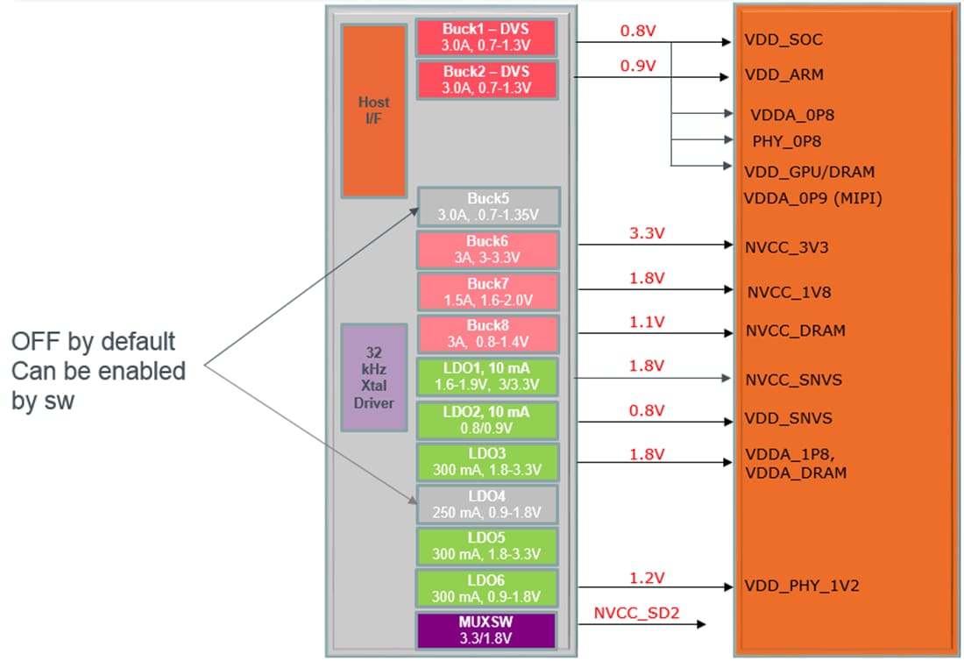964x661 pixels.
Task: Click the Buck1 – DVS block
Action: coord(486,37)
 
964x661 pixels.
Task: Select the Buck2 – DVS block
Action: coord(486,80)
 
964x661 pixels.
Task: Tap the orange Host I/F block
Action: coord(373,110)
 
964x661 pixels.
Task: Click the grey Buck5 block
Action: coord(488,207)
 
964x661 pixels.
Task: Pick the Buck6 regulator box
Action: coord(487,249)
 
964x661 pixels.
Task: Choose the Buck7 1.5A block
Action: coord(487,292)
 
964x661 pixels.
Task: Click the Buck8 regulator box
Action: coord(487,334)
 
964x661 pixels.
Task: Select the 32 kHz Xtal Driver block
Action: coord(373,377)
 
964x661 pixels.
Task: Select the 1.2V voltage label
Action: coord(647,578)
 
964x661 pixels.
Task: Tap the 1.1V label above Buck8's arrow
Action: coord(647,322)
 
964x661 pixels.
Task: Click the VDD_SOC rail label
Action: coord(783,40)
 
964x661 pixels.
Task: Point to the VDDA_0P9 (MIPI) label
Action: coord(812,199)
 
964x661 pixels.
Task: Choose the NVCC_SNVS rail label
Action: coord(794,380)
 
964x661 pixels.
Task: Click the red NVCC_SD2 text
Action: coord(635,613)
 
